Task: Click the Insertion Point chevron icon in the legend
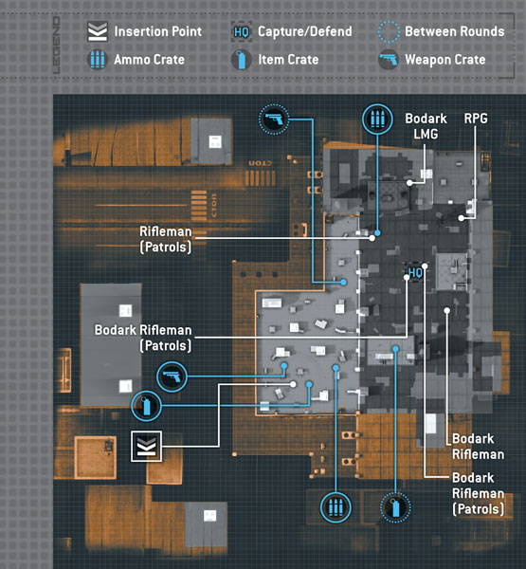click(x=98, y=31)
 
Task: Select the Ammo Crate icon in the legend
click(x=98, y=59)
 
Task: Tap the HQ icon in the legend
click(x=242, y=31)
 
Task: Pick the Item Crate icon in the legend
click(x=242, y=59)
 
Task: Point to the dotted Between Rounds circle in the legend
click(x=389, y=31)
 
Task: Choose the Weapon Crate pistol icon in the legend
click(x=389, y=59)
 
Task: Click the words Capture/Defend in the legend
click(x=305, y=31)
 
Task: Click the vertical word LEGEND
click(x=56, y=46)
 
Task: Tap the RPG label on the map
click(x=476, y=119)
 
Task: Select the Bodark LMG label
click(x=426, y=126)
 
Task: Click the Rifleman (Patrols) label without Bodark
click(x=166, y=239)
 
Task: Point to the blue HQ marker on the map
click(x=415, y=272)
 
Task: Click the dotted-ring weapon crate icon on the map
click(x=274, y=119)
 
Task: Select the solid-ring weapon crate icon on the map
click(x=172, y=376)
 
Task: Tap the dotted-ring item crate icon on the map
click(x=395, y=507)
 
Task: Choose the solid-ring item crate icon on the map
click(x=147, y=406)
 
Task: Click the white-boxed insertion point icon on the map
click(x=146, y=447)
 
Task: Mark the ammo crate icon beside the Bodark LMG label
click(x=377, y=119)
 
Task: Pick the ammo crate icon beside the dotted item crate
click(x=336, y=507)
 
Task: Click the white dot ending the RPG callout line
click(x=461, y=218)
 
